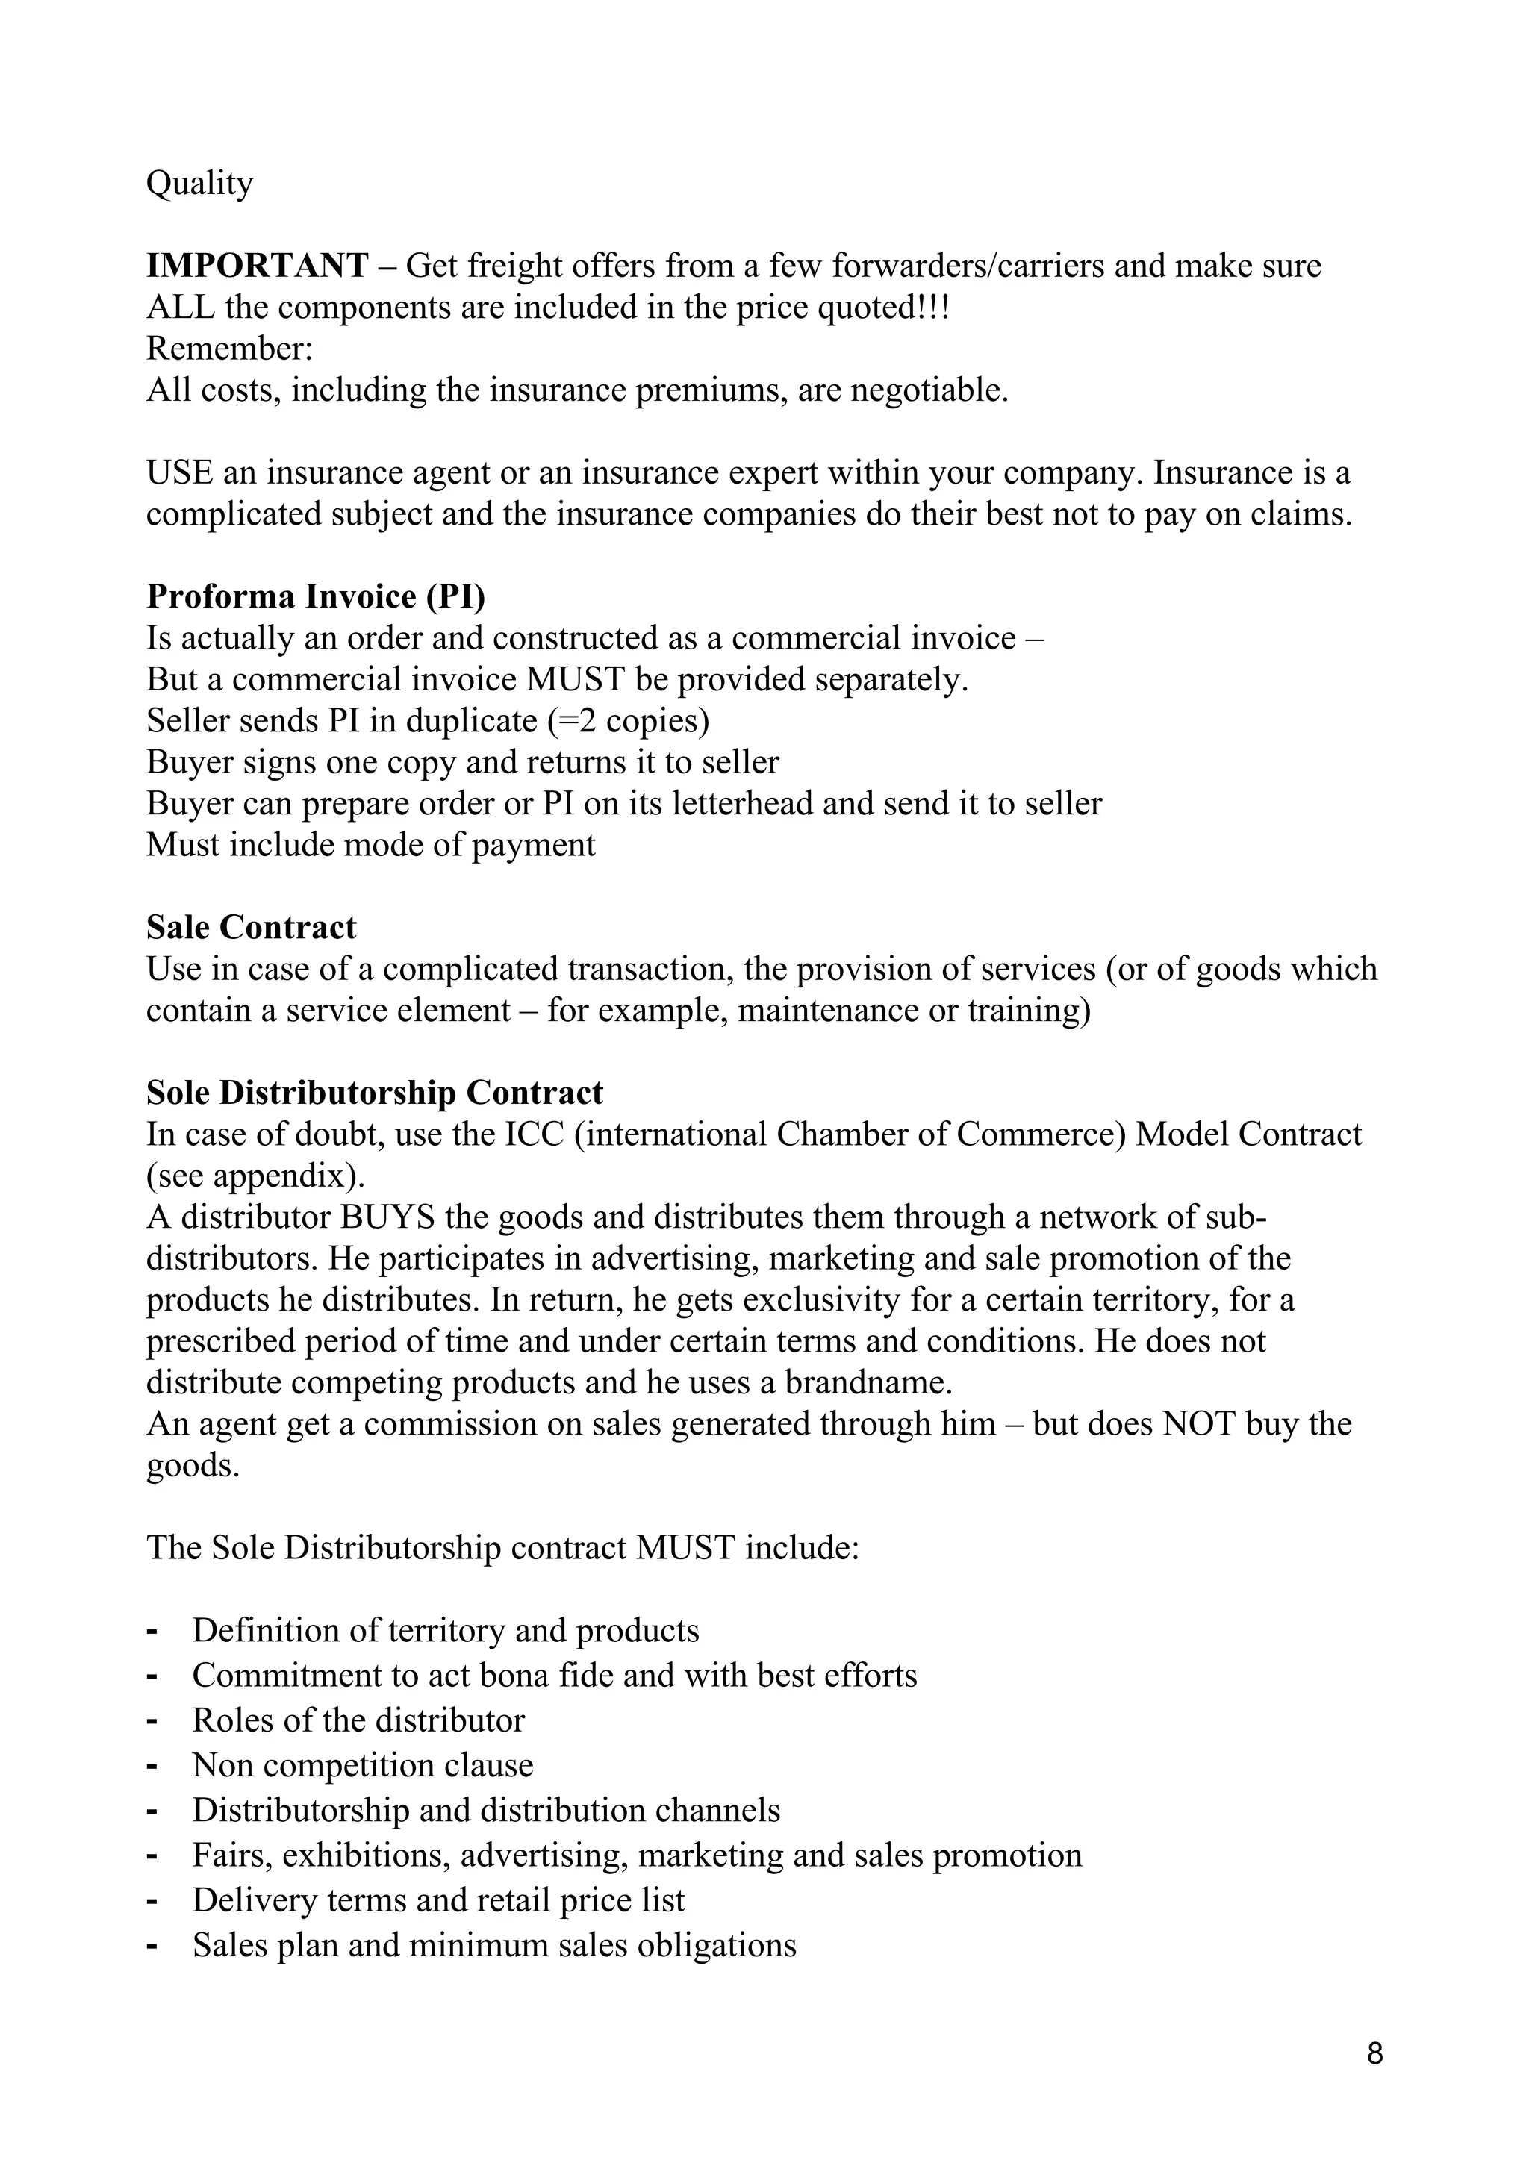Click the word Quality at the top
[199, 184]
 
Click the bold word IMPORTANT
[256, 266]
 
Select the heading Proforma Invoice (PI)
[316, 596]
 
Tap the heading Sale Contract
[251, 927]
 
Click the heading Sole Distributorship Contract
[374, 1093]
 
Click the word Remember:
[229, 349]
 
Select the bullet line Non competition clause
[363, 1765]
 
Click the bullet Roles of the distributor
[358, 1720]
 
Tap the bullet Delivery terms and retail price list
[438, 1900]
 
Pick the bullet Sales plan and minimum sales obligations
[493, 1945]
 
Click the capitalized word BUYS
[387, 1217]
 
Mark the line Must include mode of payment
[370, 845]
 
